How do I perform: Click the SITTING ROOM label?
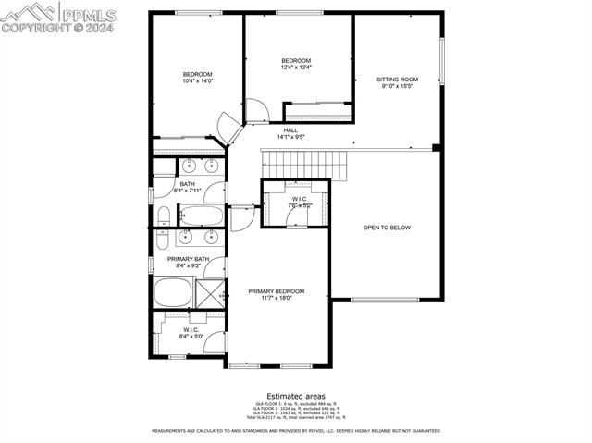point(397,80)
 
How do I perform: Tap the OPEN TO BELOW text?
point(387,228)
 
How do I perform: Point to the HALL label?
point(290,130)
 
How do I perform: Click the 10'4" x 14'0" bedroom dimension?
point(198,81)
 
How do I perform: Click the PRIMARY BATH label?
point(188,259)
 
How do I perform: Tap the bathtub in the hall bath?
point(200,217)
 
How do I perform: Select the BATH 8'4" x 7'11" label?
point(188,188)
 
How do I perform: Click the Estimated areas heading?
point(296,395)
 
